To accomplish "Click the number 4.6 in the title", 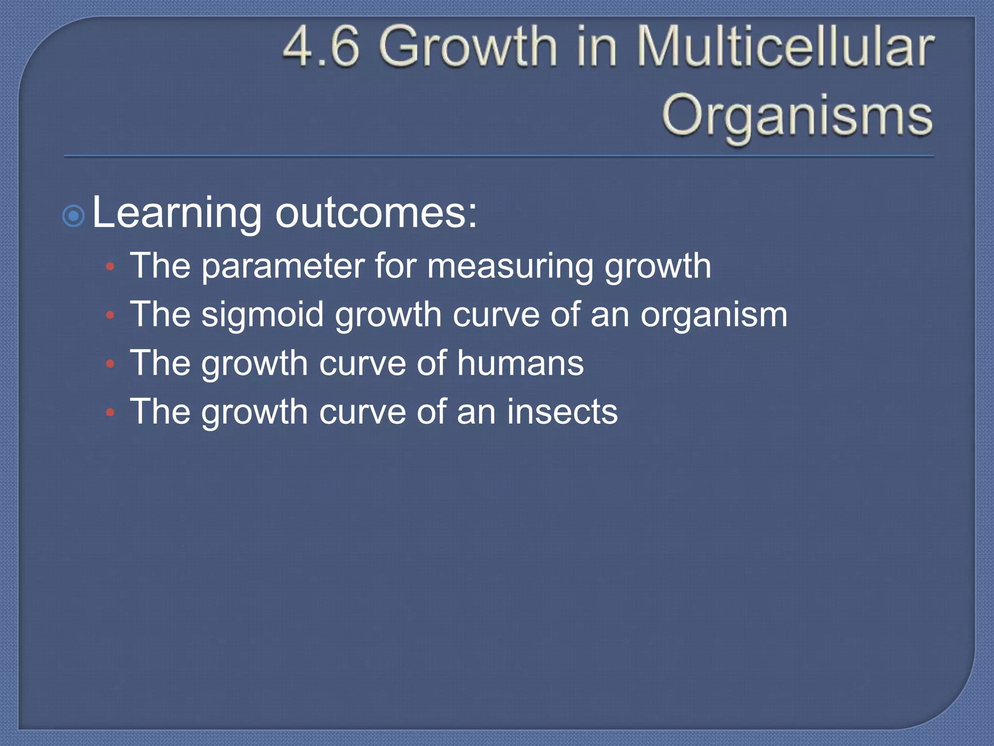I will tap(321, 47).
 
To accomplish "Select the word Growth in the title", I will tap(468, 47).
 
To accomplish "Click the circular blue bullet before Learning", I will tap(74, 216).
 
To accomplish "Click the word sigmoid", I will tap(263, 315).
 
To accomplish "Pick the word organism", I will tap(713, 315).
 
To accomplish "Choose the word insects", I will tap(563, 411).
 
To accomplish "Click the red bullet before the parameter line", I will tap(111, 267).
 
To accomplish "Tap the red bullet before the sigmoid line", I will tap(111, 316).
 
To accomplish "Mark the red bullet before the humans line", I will tap(111, 364).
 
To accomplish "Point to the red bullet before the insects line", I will tap(111, 412).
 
